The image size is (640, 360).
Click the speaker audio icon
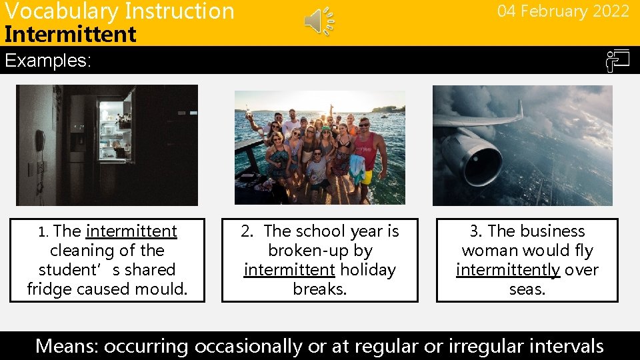click(319, 21)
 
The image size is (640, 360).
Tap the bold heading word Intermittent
click(70, 34)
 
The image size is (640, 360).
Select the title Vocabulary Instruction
click(119, 11)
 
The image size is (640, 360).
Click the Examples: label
click(47, 61)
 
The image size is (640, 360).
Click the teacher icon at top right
click(617, 61)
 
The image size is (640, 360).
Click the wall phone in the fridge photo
click(40, 141)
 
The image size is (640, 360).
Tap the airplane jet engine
click(475, 157)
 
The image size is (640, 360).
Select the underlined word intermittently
click(508, 270)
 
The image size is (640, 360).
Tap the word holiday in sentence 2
click(367, 270)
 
